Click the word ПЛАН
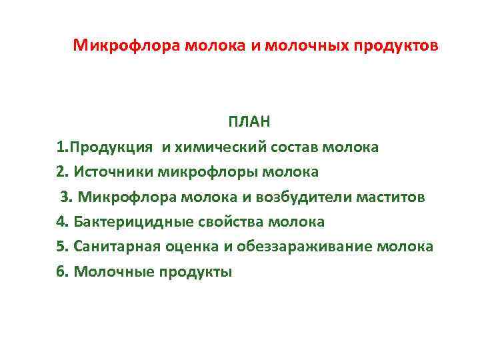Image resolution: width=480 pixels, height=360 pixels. [x=249, y=122]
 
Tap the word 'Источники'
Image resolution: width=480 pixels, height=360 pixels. [x=114, y=172]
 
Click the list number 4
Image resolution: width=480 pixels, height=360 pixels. [x=61, y=222]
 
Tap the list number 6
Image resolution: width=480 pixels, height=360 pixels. [x=61, y=271]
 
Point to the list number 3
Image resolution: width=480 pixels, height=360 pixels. [x=65, y=197]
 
